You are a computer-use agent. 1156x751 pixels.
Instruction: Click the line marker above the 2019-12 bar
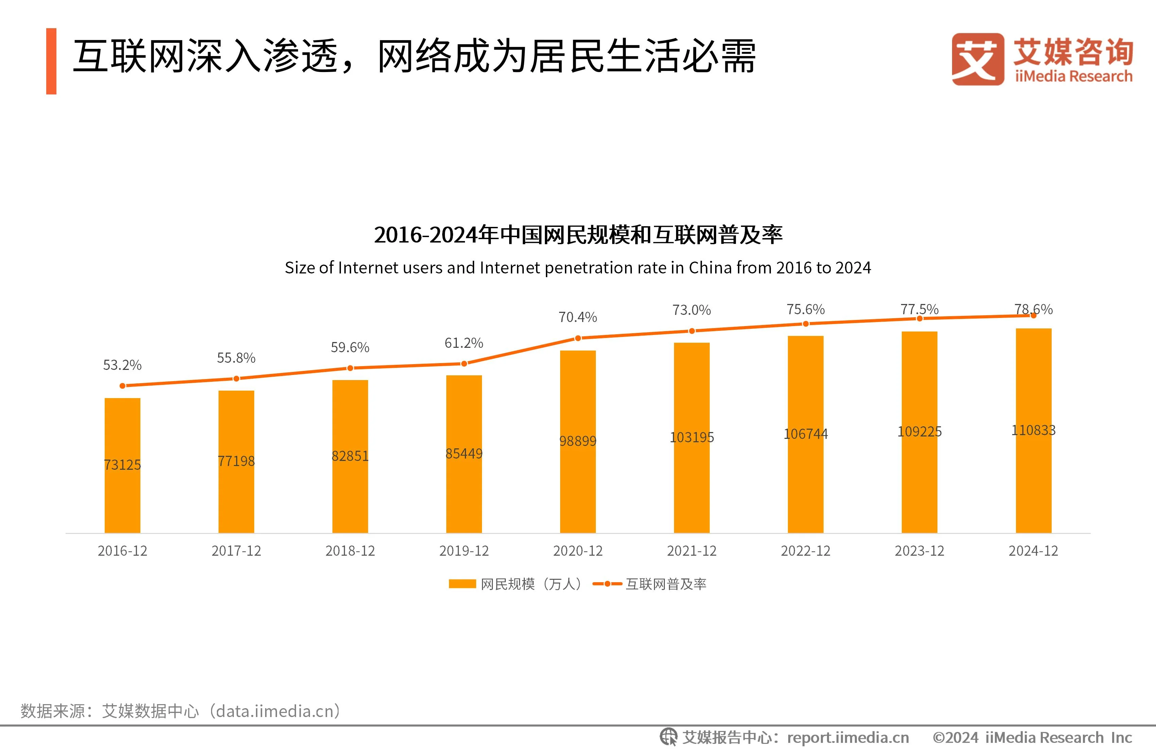464,363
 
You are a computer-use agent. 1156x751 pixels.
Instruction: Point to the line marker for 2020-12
577,338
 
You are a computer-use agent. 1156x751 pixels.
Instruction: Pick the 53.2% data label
122,365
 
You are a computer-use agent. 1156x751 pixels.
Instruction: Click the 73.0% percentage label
691,310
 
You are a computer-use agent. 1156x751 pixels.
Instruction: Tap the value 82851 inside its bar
350,456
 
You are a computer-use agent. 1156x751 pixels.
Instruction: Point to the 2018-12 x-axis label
350,551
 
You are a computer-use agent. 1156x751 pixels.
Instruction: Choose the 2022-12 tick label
805,551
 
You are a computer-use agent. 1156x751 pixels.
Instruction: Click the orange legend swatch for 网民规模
462,584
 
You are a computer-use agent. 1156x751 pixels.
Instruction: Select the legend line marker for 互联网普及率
607,584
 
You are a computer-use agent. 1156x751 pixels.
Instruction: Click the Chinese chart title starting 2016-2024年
577,235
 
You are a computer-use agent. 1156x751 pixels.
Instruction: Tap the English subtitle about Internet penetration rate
577,267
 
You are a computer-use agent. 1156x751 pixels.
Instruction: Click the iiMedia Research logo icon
977,59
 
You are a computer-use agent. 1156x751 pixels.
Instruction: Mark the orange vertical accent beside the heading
51,61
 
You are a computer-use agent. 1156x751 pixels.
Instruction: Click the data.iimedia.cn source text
277,711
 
